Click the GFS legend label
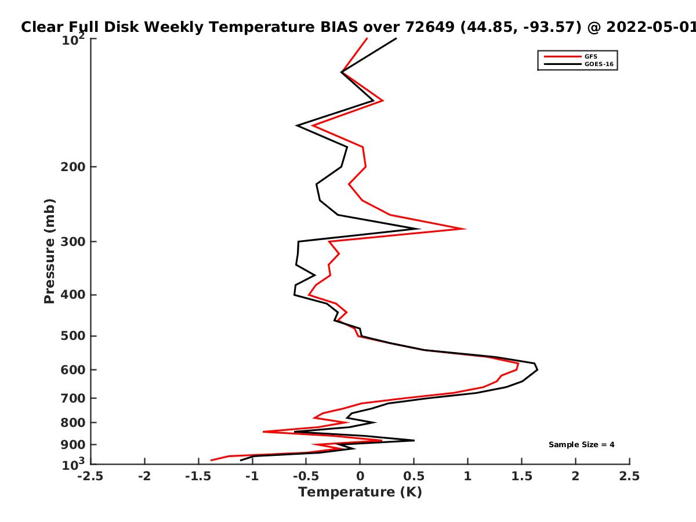[590, 57]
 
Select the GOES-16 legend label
[599, 64]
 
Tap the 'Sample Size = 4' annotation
[582, 445]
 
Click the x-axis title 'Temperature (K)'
[360, 492]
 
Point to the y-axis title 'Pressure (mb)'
[49, 251]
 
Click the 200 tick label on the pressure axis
[73, 166]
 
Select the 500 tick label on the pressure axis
[73, 336]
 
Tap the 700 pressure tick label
[73, 398]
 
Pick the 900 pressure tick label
[73, 445]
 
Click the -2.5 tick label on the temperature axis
[90, 476]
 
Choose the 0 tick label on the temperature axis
[360, 476]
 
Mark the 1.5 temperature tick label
[521, 476]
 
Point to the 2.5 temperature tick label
[629, 476]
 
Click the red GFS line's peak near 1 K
[466, 229]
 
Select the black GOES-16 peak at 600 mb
[537, 369]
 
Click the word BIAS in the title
[339, 27]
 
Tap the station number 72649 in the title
[430, 27]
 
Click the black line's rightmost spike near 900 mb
[414, 440]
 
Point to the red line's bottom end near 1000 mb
[211, 460]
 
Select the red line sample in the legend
[563, 57]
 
